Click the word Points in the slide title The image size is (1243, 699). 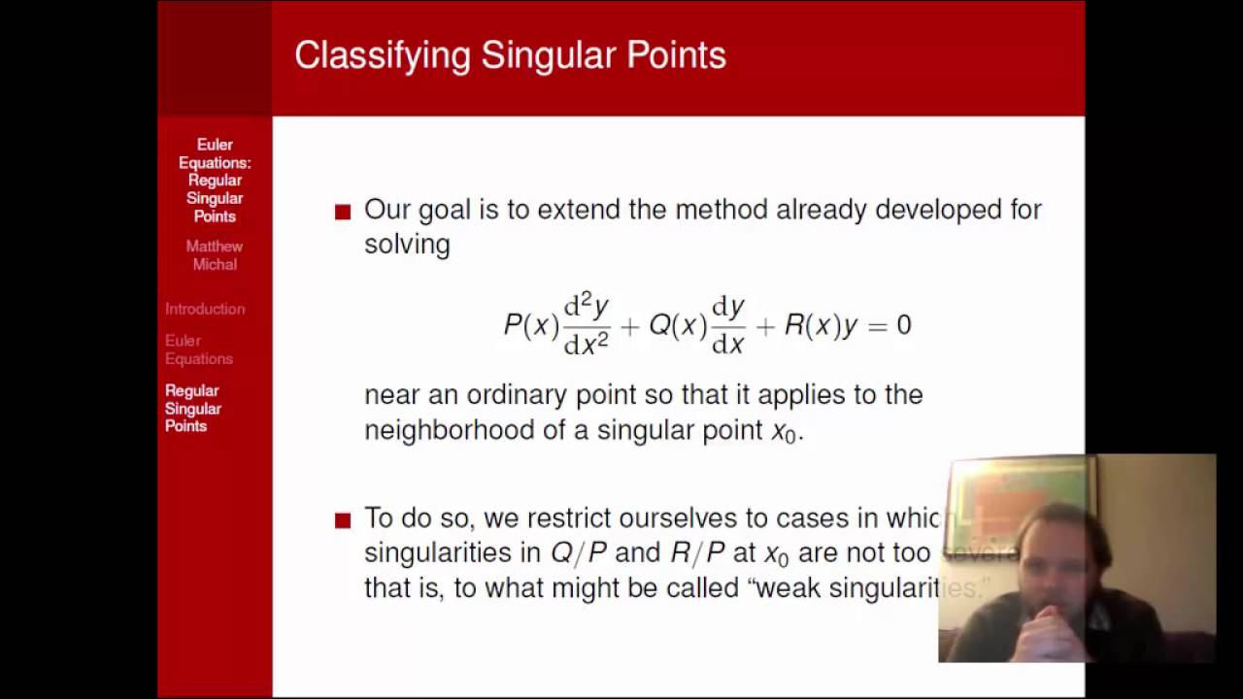676,55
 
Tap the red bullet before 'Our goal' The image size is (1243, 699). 343,212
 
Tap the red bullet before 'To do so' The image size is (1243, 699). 343,520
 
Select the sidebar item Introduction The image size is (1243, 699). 205,309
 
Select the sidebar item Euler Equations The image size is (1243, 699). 198,349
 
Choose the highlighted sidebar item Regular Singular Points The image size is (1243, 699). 193,408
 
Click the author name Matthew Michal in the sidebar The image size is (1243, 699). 215,255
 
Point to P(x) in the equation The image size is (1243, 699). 529,325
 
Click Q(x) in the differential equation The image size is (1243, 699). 677,325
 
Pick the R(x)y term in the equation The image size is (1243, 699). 821,325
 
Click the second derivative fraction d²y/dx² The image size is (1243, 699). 587,325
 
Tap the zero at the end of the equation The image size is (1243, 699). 904,325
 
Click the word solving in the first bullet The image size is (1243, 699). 407,245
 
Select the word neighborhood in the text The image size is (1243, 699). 449,430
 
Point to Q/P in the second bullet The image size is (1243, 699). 578,553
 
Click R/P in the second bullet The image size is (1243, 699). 697,553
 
